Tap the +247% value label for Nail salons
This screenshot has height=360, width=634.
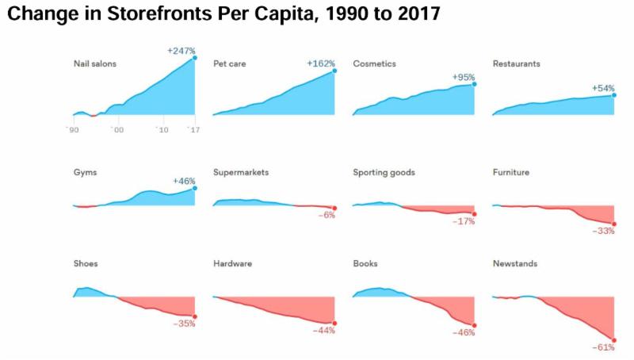pos(181,51)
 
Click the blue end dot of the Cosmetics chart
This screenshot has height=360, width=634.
pos(474,83)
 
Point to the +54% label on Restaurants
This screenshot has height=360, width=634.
pos(603,88)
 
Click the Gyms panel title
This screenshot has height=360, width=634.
pos(85,172)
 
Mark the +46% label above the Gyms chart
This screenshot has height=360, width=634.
pos(184,182)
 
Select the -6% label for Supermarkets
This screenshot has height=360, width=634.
pos(327,216)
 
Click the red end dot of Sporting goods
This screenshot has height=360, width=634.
pos(474,213)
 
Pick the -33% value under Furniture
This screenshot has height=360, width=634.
pos(603,232)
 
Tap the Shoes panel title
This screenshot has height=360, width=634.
pos(86,264)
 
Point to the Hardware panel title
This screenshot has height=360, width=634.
pos(231,264)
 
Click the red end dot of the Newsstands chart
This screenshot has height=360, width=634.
pos(613,339)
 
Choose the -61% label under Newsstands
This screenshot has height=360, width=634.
pos(603,348)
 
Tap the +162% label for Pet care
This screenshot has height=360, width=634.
pos(321,63)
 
